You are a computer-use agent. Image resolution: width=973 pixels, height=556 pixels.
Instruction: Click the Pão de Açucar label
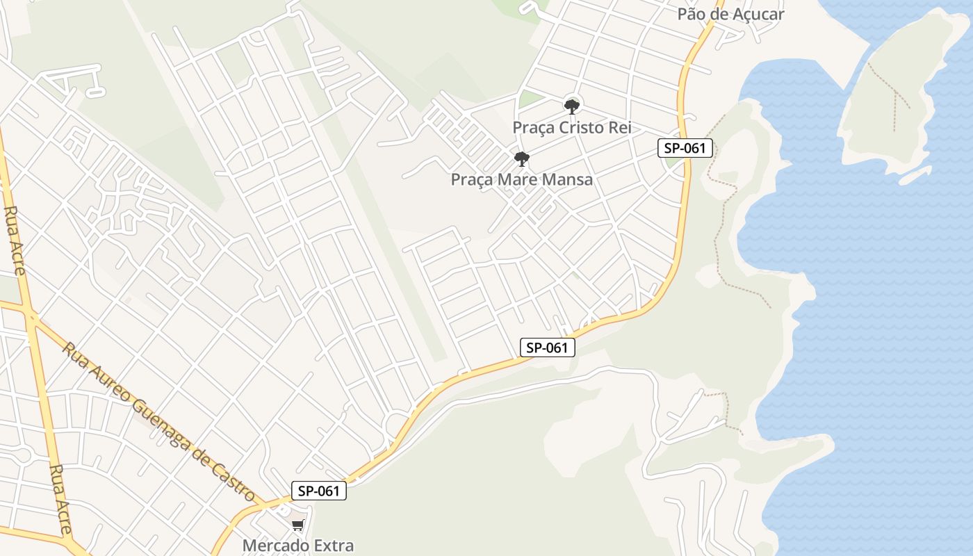[730, 15]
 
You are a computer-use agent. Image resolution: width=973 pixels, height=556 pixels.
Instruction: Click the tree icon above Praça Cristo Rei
[572, 106]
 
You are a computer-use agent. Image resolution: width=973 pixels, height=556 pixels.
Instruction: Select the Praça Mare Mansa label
[522, 179]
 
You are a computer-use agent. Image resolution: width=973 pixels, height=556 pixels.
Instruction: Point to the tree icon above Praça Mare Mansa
[522, 159]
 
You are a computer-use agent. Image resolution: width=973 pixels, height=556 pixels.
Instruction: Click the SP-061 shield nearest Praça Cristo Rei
[685, 147]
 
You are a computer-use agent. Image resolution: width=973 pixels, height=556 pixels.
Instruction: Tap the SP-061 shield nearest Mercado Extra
[318, 491]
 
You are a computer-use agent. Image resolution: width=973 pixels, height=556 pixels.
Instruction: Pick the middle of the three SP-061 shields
[548, 347]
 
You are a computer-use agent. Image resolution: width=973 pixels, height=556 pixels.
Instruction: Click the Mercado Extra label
[298, 546]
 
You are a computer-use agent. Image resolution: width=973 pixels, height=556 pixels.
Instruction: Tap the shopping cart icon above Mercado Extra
[298, 525]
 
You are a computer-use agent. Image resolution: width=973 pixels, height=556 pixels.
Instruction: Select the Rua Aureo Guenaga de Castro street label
[158, 421]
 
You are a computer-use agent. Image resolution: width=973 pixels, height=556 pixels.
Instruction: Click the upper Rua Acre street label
[15, 240]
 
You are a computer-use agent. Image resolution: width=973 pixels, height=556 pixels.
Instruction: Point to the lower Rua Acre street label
[60, 499]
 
